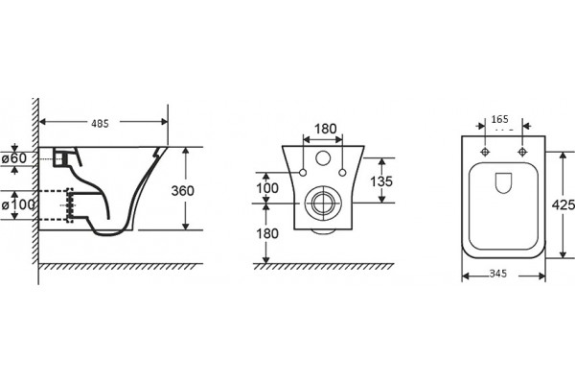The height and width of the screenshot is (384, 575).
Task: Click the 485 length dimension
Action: pos(100,124)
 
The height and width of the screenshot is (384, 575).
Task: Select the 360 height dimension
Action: pos(183,191)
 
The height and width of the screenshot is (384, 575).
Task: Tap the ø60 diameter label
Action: pos(14,158)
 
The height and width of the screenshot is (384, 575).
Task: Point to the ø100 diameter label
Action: pos(18,204)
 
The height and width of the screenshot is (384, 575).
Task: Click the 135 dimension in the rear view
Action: pos(381,181)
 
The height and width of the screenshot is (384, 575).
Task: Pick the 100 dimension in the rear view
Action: pos(267,188)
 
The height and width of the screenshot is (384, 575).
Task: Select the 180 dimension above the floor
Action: pos(267,233)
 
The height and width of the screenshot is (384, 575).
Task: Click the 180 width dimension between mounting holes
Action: pos(325,129)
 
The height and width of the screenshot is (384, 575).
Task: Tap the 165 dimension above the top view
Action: pos(500,119)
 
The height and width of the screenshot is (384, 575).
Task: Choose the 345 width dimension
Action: pos(498,274)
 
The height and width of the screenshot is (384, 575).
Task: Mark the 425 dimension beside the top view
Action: pos(563,205)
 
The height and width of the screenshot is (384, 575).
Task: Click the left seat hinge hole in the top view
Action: pos(485,152)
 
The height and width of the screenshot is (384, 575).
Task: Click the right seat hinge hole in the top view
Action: pos(522,152)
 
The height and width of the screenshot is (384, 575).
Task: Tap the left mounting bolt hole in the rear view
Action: pos(303,173)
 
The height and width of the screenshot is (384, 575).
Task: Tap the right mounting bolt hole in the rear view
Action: pos(342,173)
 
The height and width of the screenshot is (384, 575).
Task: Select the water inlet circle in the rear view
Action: pos(323,158)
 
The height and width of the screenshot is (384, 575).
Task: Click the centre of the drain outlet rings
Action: pos(323,203)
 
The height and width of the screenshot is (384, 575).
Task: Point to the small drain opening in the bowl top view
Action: pos(503,182)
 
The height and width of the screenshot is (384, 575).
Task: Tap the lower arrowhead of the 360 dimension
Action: pos(186,227)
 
